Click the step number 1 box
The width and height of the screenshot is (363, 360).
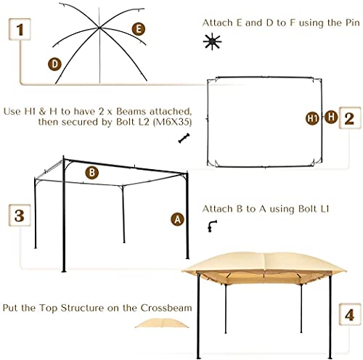20,29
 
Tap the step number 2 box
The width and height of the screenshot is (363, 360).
350,118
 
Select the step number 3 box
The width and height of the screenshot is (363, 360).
20,216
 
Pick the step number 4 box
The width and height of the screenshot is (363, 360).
350,314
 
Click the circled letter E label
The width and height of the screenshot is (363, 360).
139,29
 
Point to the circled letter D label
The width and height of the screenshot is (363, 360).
54,65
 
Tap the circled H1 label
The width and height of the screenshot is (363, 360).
312,118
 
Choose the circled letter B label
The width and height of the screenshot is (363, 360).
92,173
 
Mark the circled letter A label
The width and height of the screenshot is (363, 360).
177,219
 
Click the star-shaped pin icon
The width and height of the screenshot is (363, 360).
212,41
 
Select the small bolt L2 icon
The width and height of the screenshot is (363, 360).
184,138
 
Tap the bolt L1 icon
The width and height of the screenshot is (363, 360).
212,226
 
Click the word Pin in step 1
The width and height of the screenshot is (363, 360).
352,23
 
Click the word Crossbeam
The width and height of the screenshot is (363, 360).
166,308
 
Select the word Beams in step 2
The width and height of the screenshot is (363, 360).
131,112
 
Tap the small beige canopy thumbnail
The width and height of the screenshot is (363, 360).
162,323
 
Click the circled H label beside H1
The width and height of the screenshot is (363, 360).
331,117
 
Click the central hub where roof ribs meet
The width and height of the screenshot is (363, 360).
99,28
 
